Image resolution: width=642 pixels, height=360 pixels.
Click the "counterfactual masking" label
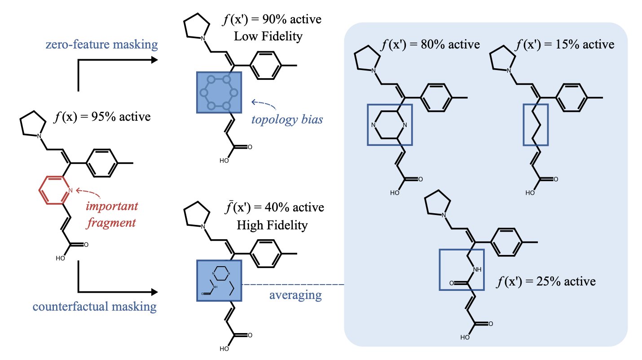point(94,307)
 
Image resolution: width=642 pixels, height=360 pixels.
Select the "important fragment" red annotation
point(111,214)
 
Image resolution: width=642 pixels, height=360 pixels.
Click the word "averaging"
point(295,295)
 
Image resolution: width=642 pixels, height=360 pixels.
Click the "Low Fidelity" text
point(268,36)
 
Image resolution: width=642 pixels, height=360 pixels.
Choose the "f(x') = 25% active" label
point(546,282)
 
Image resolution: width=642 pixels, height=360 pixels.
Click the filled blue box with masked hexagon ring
point(219,93)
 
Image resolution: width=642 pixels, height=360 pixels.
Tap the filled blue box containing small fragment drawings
point(219,280)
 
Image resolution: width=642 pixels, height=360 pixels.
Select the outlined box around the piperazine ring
point(389,124)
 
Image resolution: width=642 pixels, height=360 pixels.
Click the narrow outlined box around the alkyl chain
point(536,124)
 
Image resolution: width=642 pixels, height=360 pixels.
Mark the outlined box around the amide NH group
point(461,270)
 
